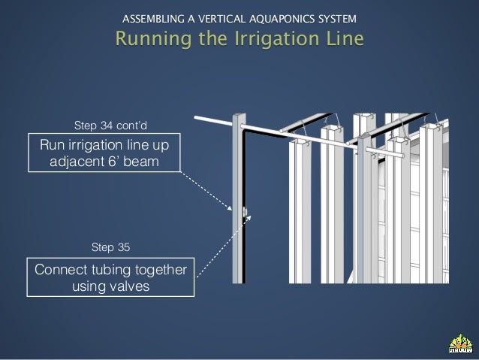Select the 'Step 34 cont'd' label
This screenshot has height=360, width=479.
[105, 124]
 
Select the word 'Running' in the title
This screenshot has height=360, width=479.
[150, 38]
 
